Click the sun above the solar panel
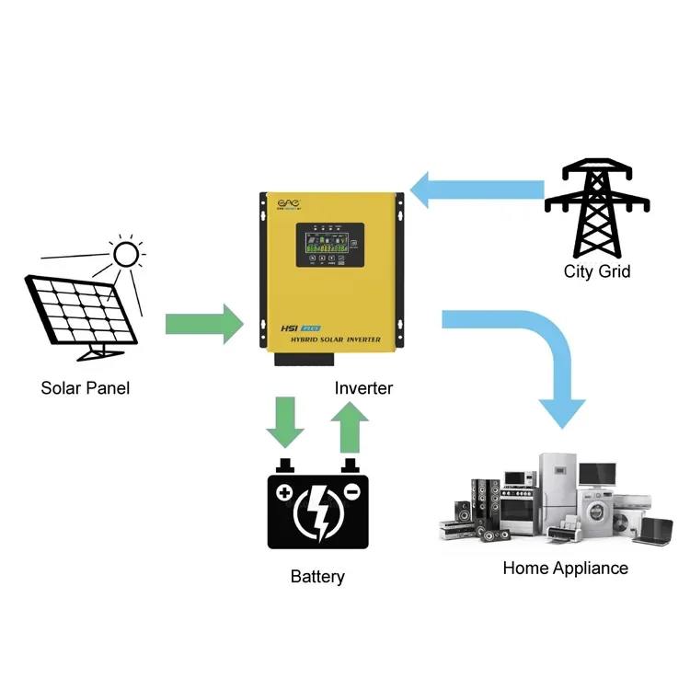(x=125, y=253)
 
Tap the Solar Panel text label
(x=86, y=388)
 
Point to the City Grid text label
(x=597, y=271)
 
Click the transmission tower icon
(x=597, y=208)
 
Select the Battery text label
(x=317, y=578)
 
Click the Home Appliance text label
(x=565, y=568)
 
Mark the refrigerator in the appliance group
(x=558, y=492)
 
